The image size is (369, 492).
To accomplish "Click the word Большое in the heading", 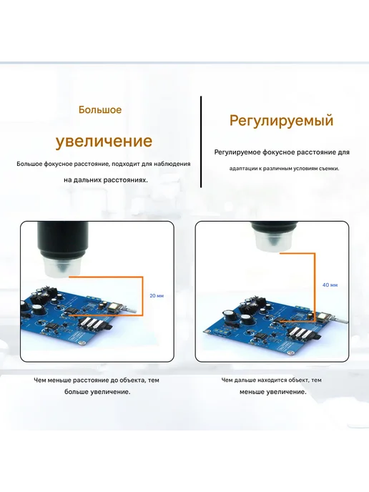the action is click(x=100, y=110).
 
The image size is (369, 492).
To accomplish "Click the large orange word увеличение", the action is click(x=104, y=141).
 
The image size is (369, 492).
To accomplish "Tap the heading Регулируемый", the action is click(x=281, y=121).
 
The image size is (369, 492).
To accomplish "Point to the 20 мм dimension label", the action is click(x=157, y=295).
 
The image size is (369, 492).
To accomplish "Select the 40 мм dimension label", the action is click(x=330, y=285).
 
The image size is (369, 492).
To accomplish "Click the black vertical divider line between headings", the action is click(x=201, y=142).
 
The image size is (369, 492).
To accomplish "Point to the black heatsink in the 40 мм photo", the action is click(x=260, y=302).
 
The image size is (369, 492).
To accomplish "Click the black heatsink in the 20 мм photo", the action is click(x=48, y=293).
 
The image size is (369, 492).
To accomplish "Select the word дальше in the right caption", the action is click(x=246, y=380).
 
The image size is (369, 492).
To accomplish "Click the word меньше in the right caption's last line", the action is click(x=252, y=392).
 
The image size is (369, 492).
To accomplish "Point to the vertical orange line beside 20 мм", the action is click(x=142, y=296).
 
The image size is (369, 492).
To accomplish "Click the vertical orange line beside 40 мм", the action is click(x=315, y=287).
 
